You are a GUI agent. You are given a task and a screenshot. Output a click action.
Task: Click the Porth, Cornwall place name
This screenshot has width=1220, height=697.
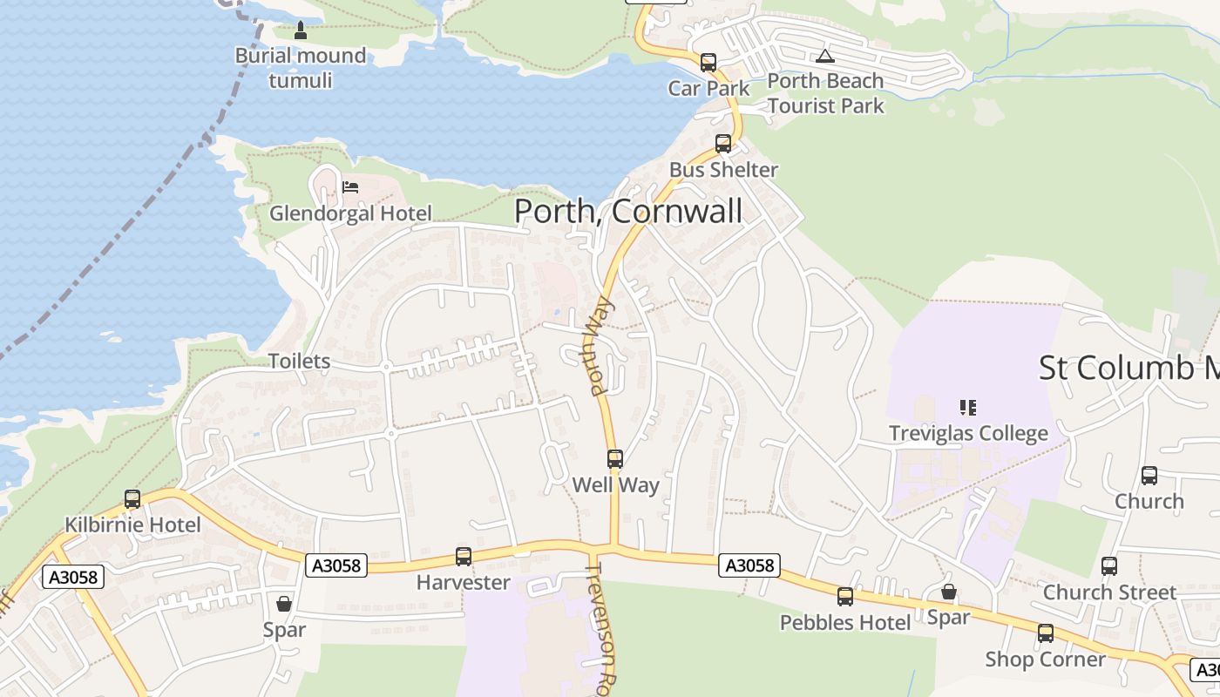click(x=628, y=211)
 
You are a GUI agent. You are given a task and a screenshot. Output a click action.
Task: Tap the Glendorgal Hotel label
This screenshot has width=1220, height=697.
click(x=350, y=213)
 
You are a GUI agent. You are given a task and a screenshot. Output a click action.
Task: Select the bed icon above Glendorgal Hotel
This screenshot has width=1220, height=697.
click(x=350, y=186)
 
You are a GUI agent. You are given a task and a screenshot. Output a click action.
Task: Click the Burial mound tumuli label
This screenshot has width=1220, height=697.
click(x=301, y=68)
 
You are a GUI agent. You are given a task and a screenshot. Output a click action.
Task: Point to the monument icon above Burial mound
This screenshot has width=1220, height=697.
click(x=301, y=31)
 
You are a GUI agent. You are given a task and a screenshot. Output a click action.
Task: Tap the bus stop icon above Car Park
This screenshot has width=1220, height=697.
click(x=708, y=63)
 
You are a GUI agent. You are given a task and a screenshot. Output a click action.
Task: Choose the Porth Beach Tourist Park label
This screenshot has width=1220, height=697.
click(x=825, y=93)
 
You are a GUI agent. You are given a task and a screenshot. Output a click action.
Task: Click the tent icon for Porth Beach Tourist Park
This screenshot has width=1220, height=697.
click(x=824, y=57)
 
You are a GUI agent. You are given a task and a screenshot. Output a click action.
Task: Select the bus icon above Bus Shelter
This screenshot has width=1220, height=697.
click(x=723, y=144)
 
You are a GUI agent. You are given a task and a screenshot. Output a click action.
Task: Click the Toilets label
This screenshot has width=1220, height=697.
click(x=299, y=362)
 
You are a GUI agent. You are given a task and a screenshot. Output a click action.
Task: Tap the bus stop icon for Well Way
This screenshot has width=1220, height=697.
click(x=615, y=459)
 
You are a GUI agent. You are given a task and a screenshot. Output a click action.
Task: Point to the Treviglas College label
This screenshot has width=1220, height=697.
click(x=968, y=433)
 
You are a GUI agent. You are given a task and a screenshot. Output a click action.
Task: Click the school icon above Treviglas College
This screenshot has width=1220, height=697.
click(x=967, y=407)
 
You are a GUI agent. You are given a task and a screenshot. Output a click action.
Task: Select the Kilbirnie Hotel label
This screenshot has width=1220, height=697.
click(x=132, y=525)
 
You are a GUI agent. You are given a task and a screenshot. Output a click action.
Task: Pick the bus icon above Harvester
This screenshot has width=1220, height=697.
click(x=464, y=556)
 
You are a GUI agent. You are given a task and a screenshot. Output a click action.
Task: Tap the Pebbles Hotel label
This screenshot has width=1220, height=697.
click(x=845, y=623)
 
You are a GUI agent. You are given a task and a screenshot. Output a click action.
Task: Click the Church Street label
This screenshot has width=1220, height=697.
click(x=1109, y=592)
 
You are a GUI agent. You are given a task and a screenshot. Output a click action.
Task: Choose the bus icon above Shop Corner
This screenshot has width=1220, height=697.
click(x=1045, y=633)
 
